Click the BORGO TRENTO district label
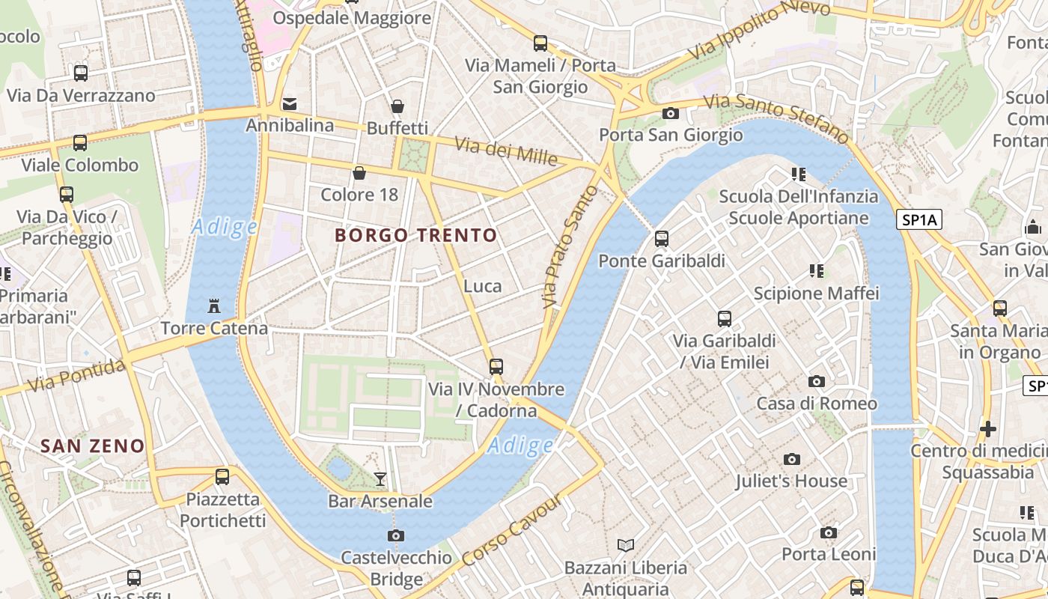(x=415, y=235)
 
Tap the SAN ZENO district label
(x=92, y=446)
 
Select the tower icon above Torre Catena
(x=214, y=305)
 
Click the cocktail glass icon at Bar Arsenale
(x=380, y=478)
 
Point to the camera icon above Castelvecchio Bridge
(x=396, y=535)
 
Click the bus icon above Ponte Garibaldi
(x=662, y=239)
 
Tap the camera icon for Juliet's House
(x=792, y=459)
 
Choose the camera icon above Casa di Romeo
(x=817, y=381)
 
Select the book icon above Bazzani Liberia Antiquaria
(x=626, y=545)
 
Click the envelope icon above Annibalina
(x=290, y=103)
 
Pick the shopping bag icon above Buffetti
(x=397, y=106)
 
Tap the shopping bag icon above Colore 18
(x=359, y=173)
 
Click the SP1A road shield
(x=918, y=219)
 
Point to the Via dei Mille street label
(x=506, y=152)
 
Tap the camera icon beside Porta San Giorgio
(x=671, y=113)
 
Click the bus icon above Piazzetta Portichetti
(x=222, y=476)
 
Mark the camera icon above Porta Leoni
(x=829, y=532)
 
